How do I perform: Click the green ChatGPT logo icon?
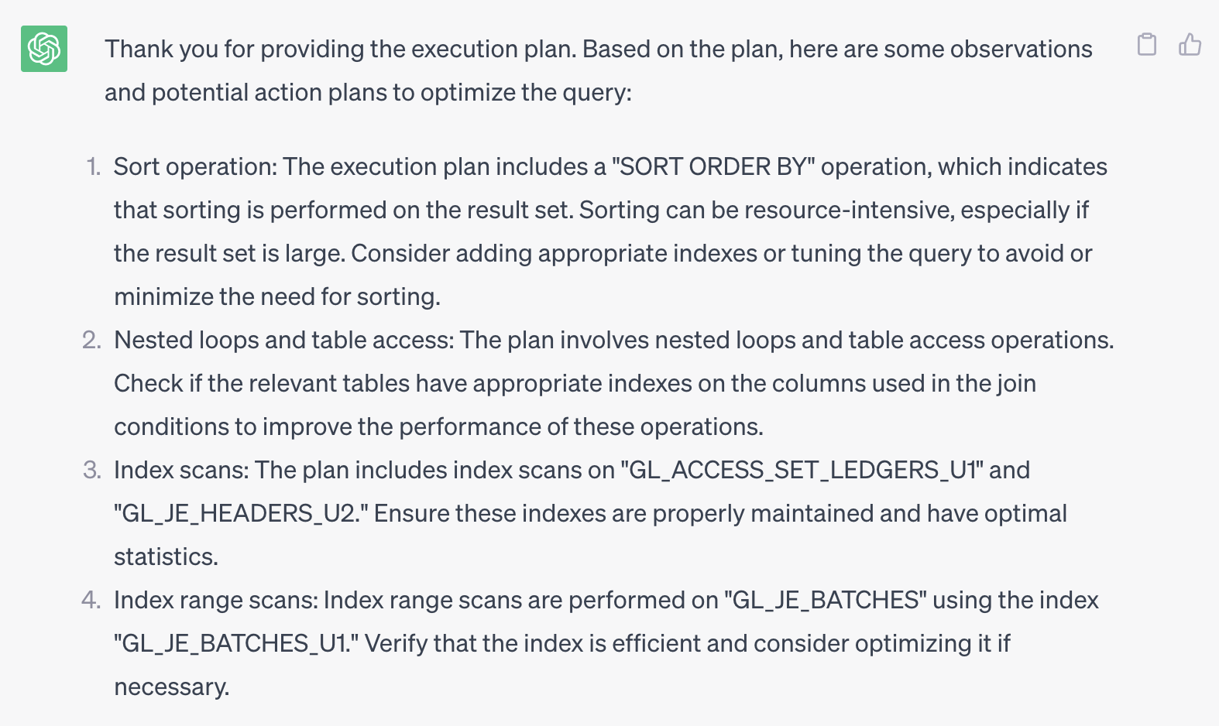click(44, 49)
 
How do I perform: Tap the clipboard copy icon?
click(1147, 45)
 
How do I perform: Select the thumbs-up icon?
click(1190, 45)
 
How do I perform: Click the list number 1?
click(94, 167)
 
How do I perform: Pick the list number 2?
click(92, 341)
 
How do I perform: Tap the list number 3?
click(92, 471)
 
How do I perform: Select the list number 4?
click(91, 601)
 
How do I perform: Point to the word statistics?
click(165, 557)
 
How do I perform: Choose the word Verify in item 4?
click(396, 644)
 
